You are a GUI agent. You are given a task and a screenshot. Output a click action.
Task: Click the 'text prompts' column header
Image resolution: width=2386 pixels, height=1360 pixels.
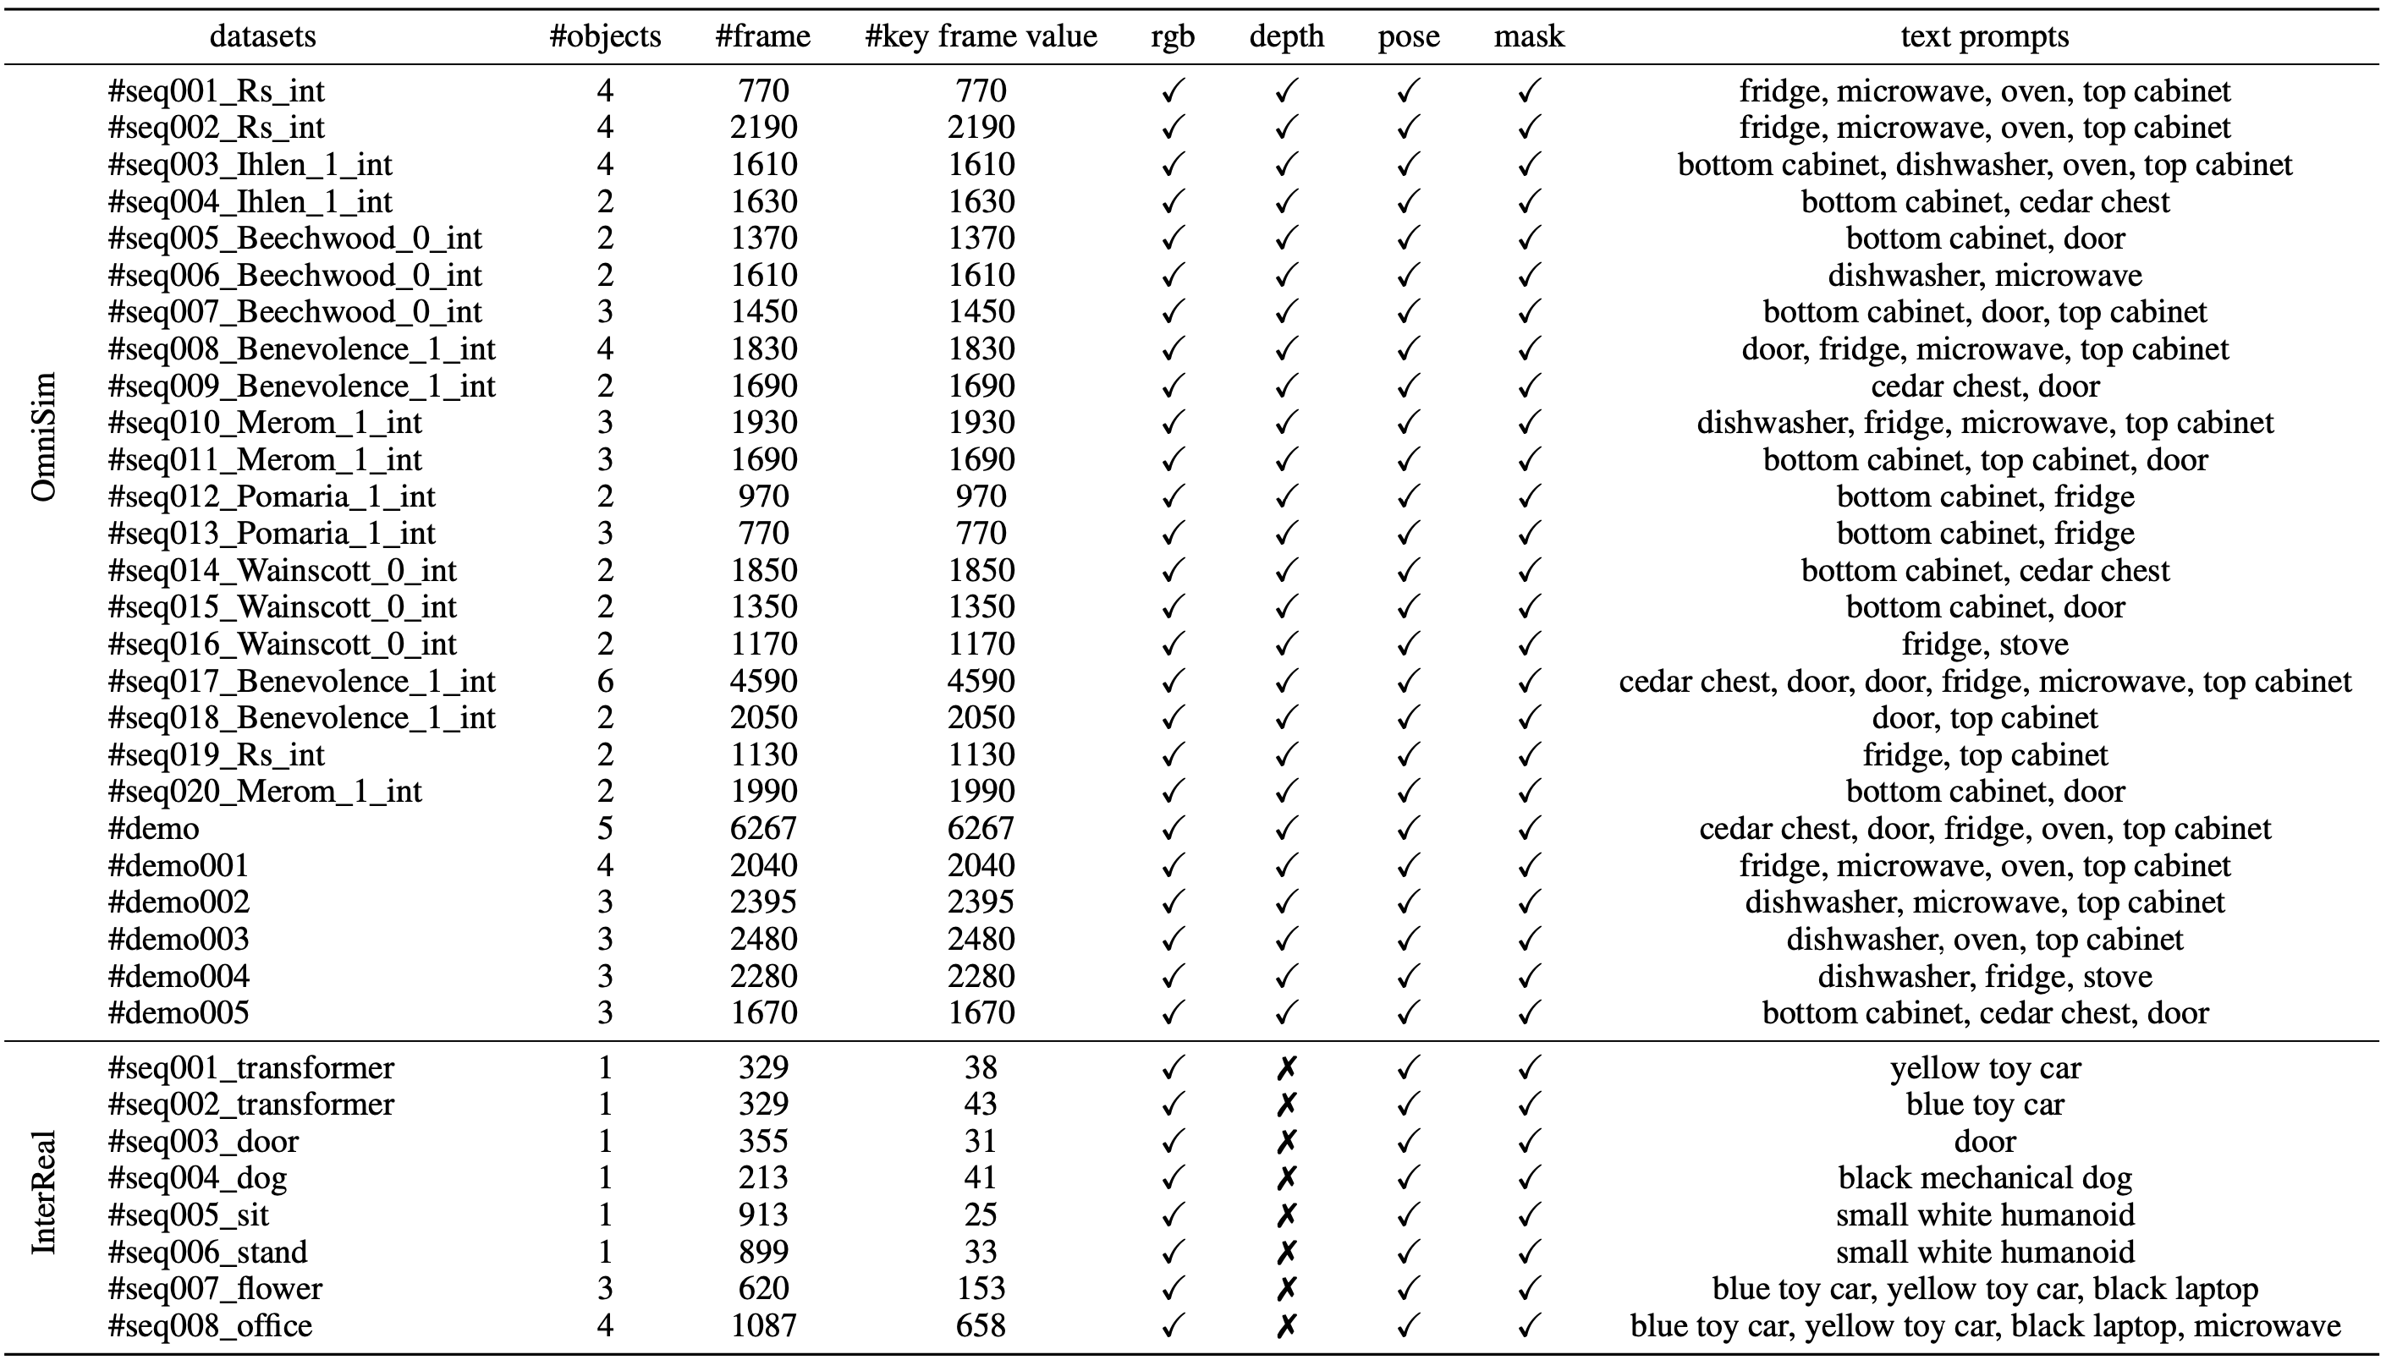point(1984,36)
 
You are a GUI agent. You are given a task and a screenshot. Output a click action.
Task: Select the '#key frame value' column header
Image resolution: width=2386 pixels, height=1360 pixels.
point(981,36)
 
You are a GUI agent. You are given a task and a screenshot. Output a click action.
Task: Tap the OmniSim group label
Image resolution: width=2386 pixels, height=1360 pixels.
point(44,436)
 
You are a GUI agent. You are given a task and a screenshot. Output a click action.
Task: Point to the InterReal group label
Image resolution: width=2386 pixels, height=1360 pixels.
point(44,1193)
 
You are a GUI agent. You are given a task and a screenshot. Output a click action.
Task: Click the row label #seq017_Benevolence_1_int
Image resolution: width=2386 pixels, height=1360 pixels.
point(302,681)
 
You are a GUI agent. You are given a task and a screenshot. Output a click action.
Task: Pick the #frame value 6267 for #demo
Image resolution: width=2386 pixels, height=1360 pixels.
point(763,829)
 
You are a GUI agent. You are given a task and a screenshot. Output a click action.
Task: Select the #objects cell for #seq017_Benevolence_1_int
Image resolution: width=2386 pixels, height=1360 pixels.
point(604,681)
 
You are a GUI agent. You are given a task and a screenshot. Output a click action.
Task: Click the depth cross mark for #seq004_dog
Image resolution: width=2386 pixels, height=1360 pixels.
point(1286,1178)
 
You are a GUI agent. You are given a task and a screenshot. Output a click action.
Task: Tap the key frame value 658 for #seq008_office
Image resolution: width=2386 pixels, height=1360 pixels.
point(981,1325)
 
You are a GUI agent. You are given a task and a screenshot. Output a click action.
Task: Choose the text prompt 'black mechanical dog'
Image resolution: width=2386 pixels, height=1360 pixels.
point(1984,1178)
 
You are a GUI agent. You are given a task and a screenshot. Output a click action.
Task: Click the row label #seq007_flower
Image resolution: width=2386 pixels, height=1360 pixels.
point(215,1289)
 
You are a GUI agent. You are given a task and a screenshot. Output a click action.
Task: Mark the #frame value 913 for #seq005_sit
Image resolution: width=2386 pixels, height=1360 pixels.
point(763,1215)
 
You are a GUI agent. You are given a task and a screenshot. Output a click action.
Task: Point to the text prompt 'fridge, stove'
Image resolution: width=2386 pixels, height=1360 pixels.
point(1984,644)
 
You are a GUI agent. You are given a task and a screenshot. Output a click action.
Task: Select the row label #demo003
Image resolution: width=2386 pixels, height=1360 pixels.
point(179,939)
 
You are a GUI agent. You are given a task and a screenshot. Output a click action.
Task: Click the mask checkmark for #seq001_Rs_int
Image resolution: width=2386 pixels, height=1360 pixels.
point(1528,90)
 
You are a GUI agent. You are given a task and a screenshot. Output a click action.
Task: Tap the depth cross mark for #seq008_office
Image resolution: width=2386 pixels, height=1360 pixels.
point(1286,1325)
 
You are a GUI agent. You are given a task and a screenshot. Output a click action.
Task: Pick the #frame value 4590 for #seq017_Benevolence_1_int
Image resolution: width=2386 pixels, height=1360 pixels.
point(763,681)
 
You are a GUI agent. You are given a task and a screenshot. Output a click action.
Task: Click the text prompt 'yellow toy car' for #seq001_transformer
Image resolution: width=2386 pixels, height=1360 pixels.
point(1984,1067)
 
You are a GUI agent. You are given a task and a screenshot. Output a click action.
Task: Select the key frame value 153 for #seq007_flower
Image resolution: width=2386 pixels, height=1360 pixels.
point(981,1289)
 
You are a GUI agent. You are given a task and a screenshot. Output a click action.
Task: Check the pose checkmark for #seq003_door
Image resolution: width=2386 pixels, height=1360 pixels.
point(1408,1142)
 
